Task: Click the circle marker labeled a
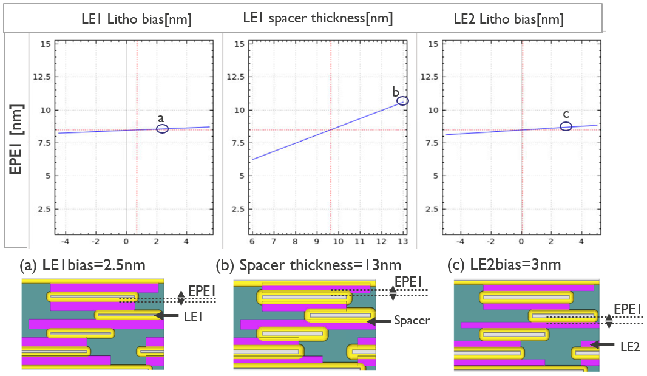tap(162, 129)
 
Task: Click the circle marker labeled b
tap(403, 101)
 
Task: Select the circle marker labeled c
tap(566, 126)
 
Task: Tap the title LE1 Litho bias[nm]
tap(137, 19)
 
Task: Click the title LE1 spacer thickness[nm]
tap(317, 19)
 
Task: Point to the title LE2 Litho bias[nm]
tap(509, 19)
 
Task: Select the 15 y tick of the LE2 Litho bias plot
tap(433, 44)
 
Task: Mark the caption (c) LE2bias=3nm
tap(509, 266)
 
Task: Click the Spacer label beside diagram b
tap(412, 321)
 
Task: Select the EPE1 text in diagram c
tap(628, 310)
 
